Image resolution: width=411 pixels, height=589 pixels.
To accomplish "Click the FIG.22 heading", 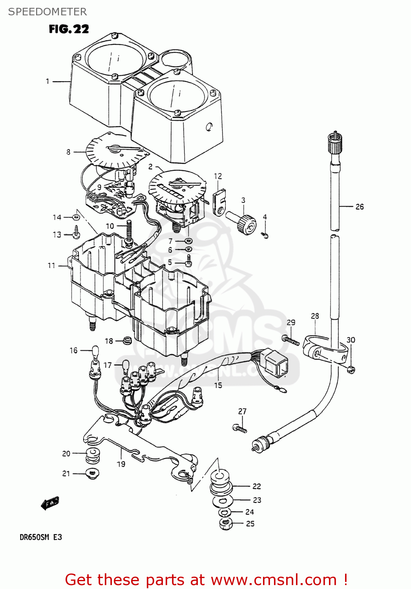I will pos(69,29).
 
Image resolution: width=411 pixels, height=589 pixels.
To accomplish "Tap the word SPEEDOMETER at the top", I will pos(47,12).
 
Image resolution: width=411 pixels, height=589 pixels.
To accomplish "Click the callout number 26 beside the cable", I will pos(359,207).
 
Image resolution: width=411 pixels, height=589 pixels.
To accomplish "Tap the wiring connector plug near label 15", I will pos(276,362).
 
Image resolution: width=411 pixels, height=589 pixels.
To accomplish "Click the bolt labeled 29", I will pos(291,340).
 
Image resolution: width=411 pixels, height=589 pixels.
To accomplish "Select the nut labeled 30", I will pos(351,369).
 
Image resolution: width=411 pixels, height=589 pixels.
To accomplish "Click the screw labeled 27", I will pos(239,428).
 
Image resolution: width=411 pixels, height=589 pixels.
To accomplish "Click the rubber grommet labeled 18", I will pos(127,340).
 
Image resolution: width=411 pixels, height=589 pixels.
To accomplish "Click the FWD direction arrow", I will pos(50,503).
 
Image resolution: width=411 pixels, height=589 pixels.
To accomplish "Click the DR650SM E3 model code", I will pos(41,537).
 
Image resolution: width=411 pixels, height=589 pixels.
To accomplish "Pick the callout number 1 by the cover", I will pos(47,81).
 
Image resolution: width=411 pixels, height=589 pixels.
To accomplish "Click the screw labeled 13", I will pos(77,233).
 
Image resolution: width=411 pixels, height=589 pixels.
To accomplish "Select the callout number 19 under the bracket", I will pos(121,464).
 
